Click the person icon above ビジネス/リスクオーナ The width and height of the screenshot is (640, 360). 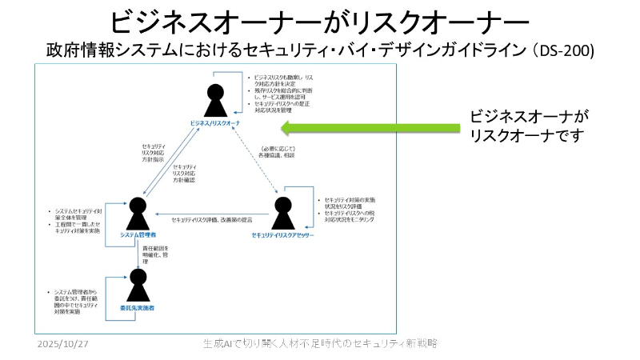(215, 100)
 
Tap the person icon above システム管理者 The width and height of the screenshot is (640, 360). (138, 212)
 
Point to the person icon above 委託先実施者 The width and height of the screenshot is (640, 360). (138, 285)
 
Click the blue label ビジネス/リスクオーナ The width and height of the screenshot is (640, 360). (216, 122)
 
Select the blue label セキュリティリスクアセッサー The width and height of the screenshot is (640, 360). (282, 235)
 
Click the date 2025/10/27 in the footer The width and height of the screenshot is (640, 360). (64, 343)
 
